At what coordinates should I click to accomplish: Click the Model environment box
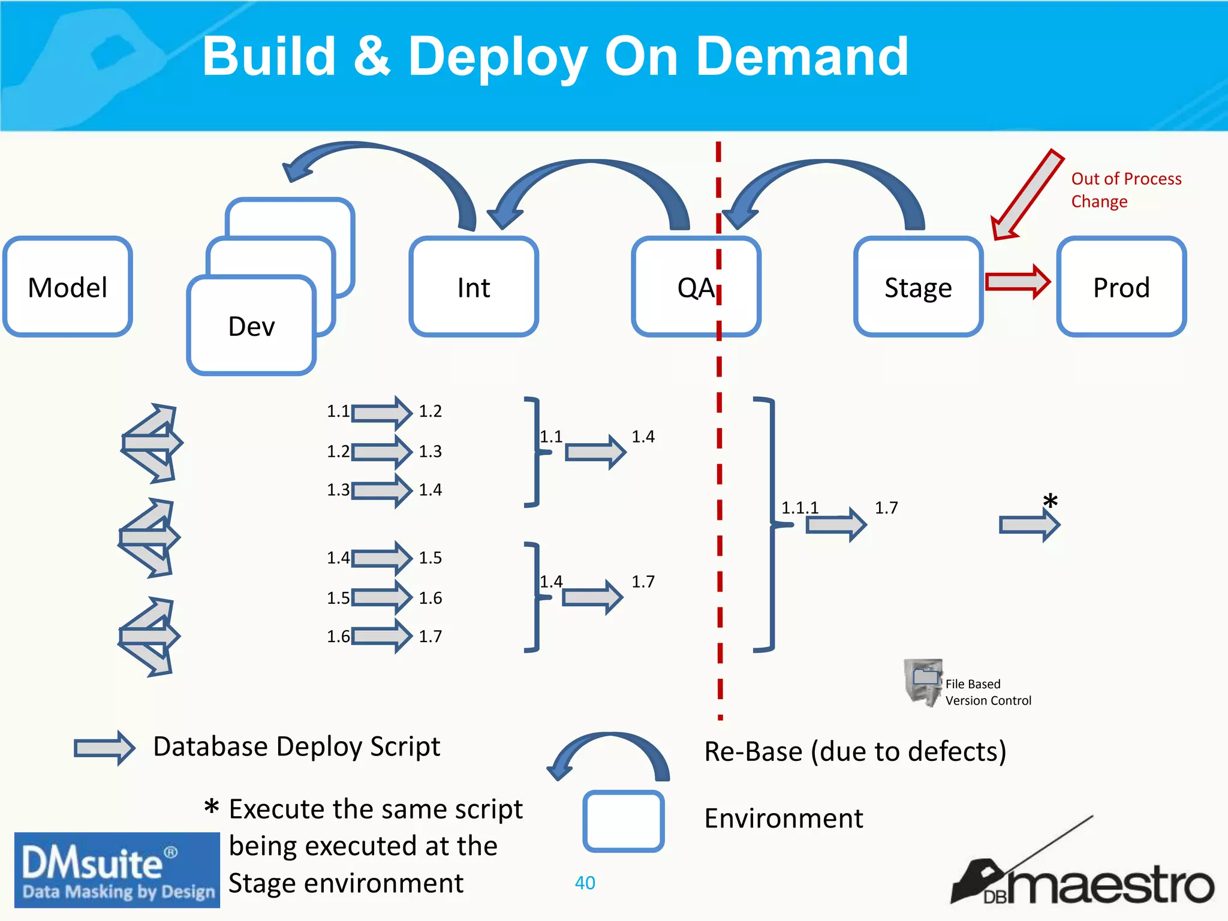pyautogui.click(x=67, y=287)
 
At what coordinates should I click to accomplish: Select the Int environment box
pyautogui.click(x=474, y=287)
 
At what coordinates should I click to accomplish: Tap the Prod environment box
pyautogui.click(x=1121, y=287)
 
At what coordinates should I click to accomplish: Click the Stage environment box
pyautogui.click(x=918, y=287)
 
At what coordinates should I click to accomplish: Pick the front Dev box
pyautogui.click(x=251, y=326)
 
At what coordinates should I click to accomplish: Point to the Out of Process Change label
pyautogui.click(x=1125, y=189)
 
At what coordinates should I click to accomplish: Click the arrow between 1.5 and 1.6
pyautogui.click(x=381, y=597)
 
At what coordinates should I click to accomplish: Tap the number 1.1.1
pyautogui.click(x=799, y=508)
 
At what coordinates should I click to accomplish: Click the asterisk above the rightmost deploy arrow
pyautogui.click(x=1050, y=501)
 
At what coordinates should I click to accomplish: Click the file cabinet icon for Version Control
pyautogui.click(x=923, y=682)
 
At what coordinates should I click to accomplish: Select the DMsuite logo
pyautogui.click(x=117, y=869)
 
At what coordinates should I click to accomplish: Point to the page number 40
pyautogui.click(x=585, y=883)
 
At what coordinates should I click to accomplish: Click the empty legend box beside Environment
pyautogui.click(x=623, y=821)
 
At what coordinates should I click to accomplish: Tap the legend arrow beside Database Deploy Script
pyautogui.click(x=104, y=748)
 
